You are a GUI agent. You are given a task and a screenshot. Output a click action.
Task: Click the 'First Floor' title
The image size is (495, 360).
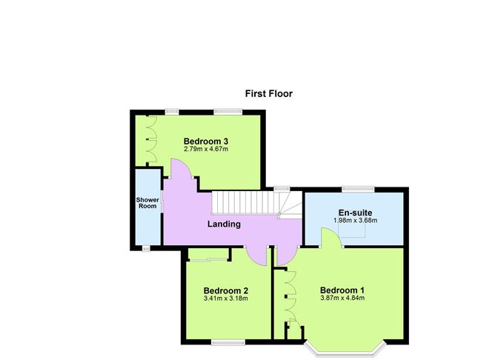point(269,94)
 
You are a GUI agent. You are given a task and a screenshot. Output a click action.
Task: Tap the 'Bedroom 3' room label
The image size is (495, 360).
point(206,141)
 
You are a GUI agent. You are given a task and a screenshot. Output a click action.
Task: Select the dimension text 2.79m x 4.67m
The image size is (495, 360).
point(206,150)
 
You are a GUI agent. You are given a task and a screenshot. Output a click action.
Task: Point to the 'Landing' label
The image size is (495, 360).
point(223,224)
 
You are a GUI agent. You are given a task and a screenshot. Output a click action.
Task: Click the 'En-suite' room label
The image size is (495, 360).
point(356,212)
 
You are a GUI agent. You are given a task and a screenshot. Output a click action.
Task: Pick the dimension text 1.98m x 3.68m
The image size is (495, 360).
point(356,220)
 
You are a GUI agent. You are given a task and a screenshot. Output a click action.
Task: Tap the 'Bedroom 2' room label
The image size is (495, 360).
point(225,290)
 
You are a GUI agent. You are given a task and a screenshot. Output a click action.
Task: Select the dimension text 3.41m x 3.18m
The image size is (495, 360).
point(225,299)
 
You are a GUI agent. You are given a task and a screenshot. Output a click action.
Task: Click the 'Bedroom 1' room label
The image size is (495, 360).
point(342,290)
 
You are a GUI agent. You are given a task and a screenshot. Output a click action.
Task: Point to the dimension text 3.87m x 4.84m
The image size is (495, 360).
point(342,298)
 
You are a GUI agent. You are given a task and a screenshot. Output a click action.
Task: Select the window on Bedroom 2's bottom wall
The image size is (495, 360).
point(226,341)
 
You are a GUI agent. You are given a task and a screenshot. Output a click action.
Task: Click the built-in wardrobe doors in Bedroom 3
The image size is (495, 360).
point(150,140)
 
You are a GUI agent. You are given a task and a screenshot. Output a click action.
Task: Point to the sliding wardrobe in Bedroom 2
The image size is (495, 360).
point(207,259)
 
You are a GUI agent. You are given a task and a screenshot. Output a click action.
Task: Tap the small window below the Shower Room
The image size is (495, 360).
point(146,249)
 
